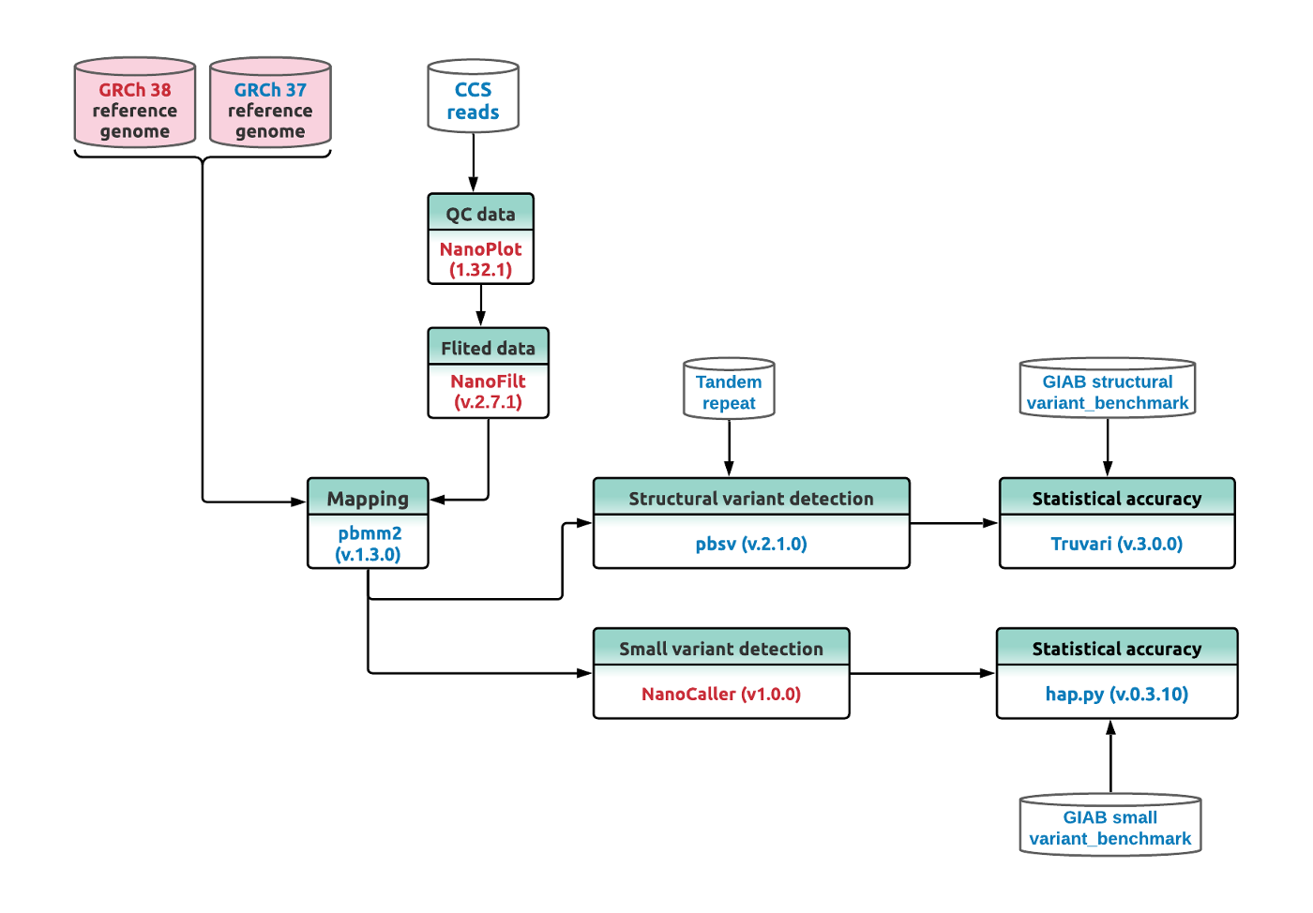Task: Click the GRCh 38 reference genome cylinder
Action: pos(135,105)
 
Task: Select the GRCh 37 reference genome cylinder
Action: pos(270,105)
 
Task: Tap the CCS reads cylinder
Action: pos(473,97)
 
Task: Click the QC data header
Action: pos(480,213)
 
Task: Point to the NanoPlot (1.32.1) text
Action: pos(480,260)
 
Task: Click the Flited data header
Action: pos(488,347)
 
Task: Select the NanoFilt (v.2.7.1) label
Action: pos(488,392)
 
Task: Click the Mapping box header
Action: pos(368,498)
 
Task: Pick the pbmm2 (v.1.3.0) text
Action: pos(369,544)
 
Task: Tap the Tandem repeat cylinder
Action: pos(729,389)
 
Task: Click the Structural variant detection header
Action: pos(751,498)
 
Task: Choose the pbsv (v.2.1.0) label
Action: pos(751,544)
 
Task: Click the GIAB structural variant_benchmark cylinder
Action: pos(1107,389)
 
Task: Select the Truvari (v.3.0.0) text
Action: pos(1116,544)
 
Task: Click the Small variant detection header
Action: pos(721,648)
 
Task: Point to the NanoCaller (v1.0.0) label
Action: pos(721,694)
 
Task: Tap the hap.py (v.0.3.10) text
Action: pos(1116,694)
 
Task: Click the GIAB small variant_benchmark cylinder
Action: pos(1109,825)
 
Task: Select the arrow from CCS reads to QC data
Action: pos(473,163)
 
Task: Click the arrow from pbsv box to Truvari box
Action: pos(954,523)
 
